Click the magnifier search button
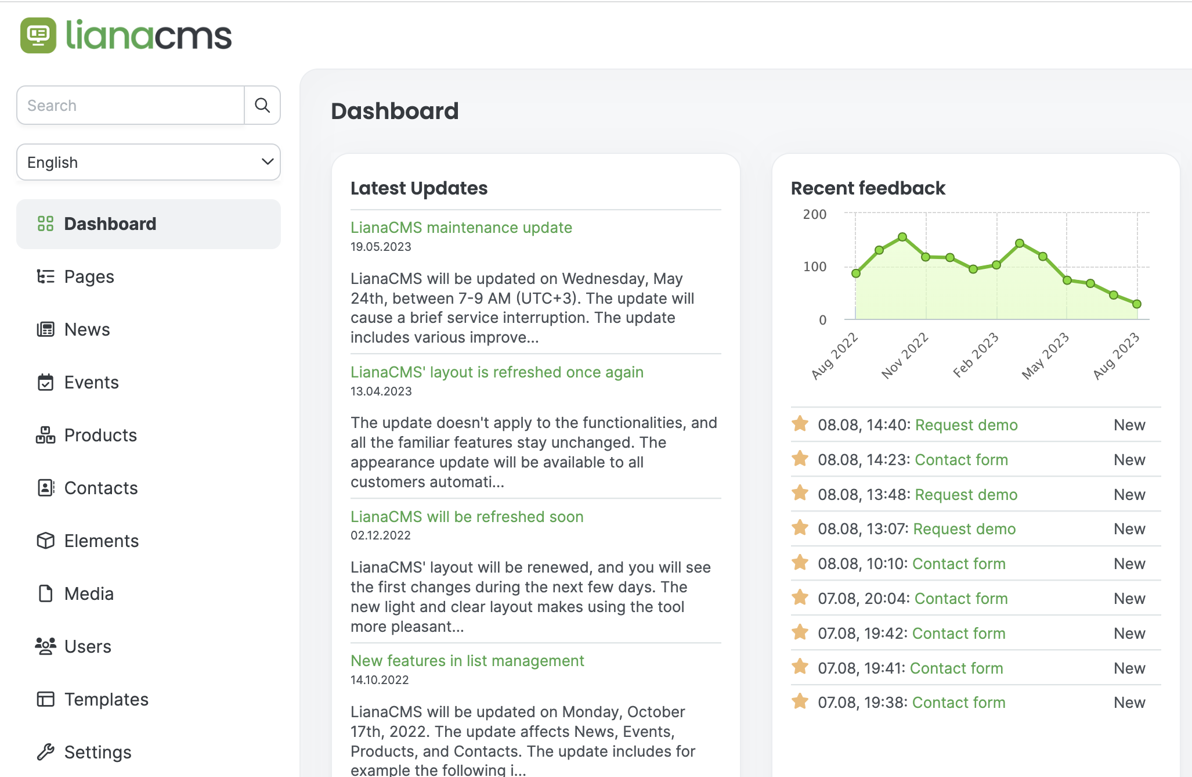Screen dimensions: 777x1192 (x=262, y=105)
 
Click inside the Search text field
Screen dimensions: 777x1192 (x=131, y=105)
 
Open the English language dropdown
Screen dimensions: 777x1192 (x=149, y=162)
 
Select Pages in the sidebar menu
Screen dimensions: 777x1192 (x=89, y=276)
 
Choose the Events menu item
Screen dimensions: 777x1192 (x=91, y=382)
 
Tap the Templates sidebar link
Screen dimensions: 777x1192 (x=106, y=699)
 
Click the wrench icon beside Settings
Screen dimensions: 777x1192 (x=45, y=752)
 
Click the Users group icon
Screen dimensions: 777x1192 (x=45, y=646)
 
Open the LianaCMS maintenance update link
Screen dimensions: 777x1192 (x=461, y=228)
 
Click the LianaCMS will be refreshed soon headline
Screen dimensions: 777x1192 (x=467, y=517)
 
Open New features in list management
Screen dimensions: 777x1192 (x=467, y=661)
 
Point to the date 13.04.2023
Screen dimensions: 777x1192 (x=381, y=391)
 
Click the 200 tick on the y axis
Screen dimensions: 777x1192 (x=814, y=214)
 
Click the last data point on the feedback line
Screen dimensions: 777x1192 (x=1137, y=304)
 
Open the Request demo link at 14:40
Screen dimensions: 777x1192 (x=966, y=425)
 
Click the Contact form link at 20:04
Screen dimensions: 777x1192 (x=961, y=599)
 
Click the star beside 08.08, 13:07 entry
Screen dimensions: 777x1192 (x=800, y=528)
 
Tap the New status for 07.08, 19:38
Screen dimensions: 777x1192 (x=1129, y=703)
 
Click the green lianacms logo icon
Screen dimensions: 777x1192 (x=38, y=35)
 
